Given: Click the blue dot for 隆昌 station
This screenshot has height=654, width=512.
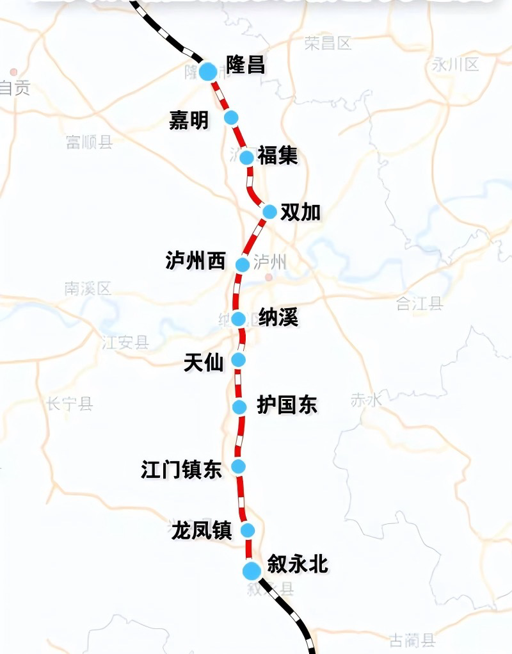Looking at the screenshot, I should pyautogui.click(x=208, y=71).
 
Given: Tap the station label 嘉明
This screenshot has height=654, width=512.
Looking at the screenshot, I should pyautogui.click(x=189, y=120).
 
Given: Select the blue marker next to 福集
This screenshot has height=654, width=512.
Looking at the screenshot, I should pyautogui.click(x=247, y=158).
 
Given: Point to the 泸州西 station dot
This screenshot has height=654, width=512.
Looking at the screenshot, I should pyautogui.click(x=242, y=264).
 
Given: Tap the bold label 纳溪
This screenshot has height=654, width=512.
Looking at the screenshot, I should pyautogui.click(x=279, y=318).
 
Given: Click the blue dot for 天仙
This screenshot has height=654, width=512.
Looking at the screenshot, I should pyautogui.click(x=239, y=359).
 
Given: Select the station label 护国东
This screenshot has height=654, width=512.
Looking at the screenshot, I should pyautogui.click(x=287, y=405).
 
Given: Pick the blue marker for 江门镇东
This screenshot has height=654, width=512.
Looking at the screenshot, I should pyautogui.click(x=239, y=466).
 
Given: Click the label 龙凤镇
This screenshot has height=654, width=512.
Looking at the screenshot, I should pyautogui.click(x=202, y=530).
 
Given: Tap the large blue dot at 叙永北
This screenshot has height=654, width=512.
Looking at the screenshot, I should pyautogui.click(x=252, y=569).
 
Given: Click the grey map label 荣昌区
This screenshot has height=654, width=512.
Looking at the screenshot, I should pyautogui.click(x=328, y=44).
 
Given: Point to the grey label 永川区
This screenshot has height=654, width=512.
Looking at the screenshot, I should pyautogui.click(x=456, y=63).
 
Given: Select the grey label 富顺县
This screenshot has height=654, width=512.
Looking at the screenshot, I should pyautogui.click(x=89, y=142).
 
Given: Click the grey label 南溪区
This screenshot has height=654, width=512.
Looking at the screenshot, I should pyautogui.click(x=88, y=289).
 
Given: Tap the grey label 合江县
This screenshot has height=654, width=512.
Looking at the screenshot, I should pyautogui.click(x=419, y=304).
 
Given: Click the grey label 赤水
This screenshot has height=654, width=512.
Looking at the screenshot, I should pyautogui.click(x=366, y=400).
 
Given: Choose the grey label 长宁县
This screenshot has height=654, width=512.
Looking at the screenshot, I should pyautogui.click(x=69, y=404).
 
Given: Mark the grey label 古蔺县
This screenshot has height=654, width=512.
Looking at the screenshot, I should pyautogui.click(x=412, y=639).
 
